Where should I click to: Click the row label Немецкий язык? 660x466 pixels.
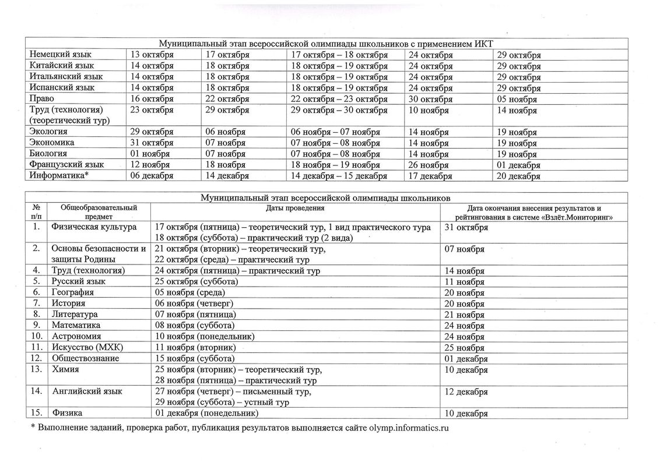59,55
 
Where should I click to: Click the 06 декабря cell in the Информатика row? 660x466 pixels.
151,175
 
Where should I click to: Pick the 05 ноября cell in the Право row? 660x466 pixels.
517,99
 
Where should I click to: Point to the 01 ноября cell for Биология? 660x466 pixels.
150,154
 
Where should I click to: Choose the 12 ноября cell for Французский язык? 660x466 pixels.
150,165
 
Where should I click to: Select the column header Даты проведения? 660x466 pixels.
296,208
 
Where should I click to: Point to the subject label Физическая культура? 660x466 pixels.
94,227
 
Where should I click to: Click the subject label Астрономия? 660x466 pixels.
76,336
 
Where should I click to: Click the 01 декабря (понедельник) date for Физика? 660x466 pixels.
205,413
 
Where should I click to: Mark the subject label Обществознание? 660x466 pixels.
85,358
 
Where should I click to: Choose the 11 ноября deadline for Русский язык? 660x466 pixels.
465,282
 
